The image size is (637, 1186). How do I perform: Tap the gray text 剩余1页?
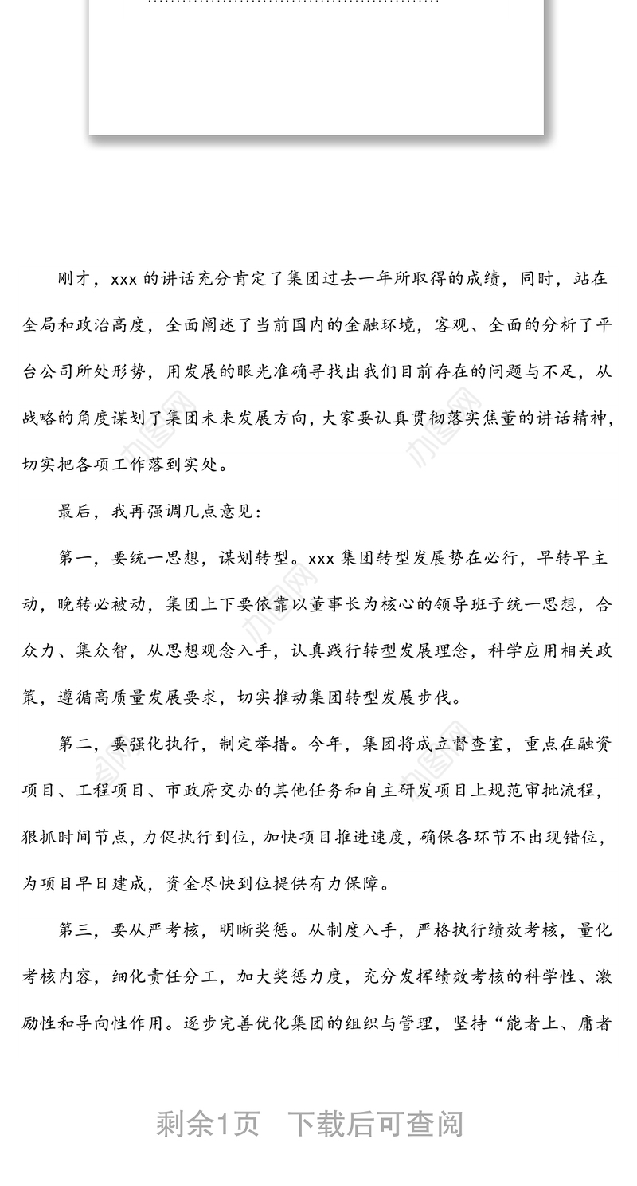tap(208, 1125)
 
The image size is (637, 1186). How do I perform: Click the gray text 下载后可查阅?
tap(375, 1125)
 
